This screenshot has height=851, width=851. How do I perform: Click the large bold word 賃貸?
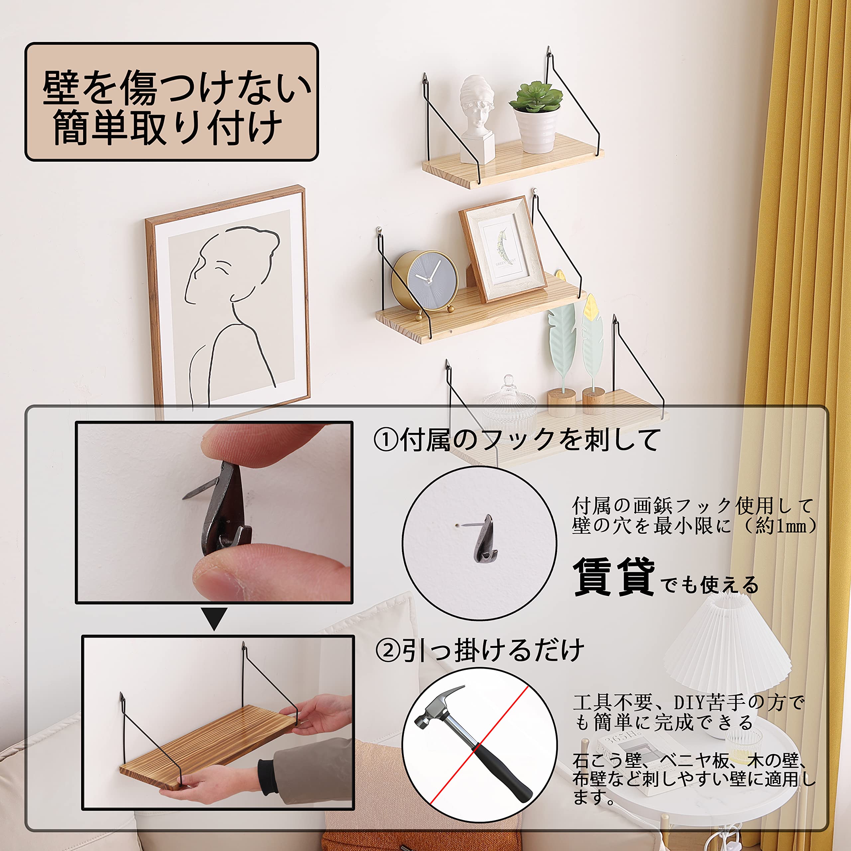pos(614,577)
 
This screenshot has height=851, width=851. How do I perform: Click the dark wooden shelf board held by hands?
pos(207,740)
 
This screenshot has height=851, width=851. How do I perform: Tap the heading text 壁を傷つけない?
pos(176,88)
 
